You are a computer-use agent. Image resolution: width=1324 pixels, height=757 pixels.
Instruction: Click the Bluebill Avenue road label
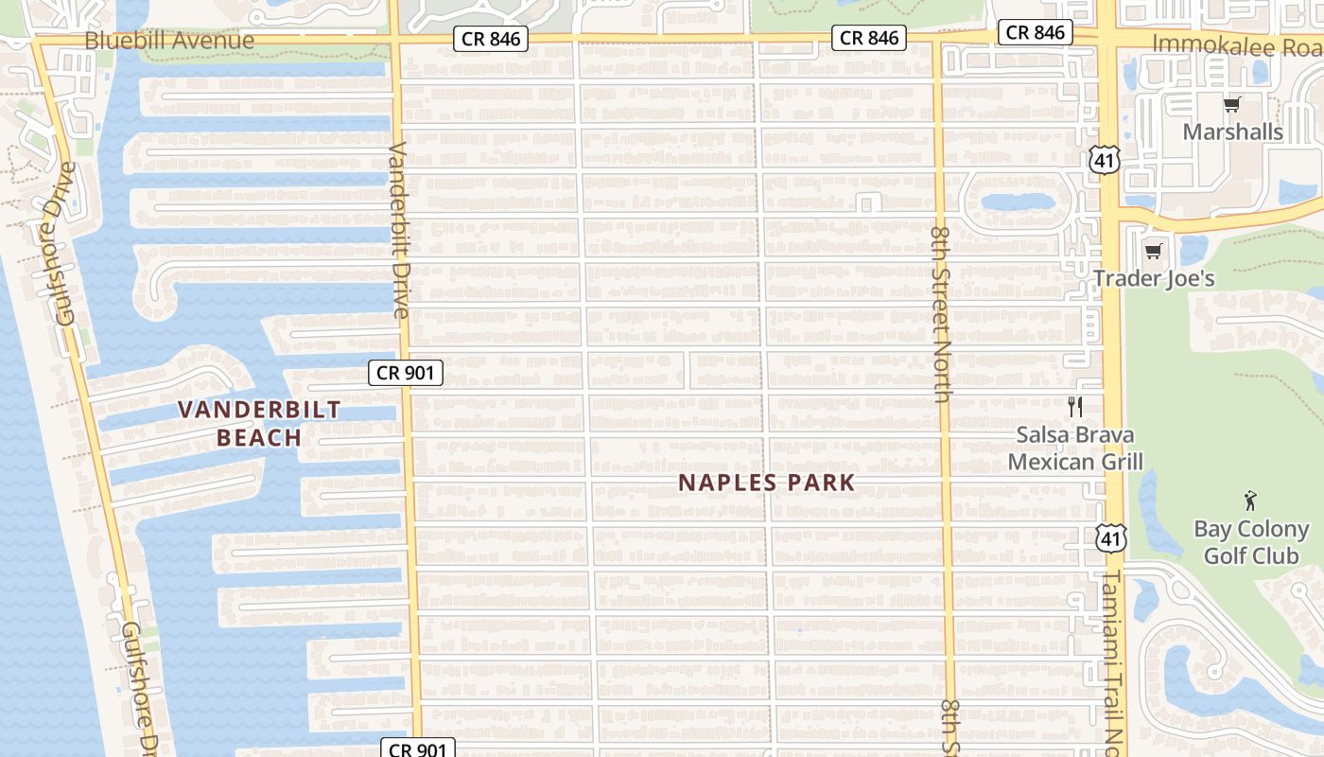[x=169, y=41]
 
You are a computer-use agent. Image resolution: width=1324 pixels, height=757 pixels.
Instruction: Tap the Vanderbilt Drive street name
[x=399, y=230]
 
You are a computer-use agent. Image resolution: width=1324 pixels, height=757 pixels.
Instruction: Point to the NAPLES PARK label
[x=767, y=482]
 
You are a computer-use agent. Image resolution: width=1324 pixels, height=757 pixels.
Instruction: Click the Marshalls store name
[x=1233, y=132]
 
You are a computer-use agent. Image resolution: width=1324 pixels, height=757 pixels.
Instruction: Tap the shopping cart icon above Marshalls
[x=1231, y=105]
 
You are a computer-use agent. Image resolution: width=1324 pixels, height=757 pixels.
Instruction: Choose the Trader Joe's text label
[x=1154, y=278]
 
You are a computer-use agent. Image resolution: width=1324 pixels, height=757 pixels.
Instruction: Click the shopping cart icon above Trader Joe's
[x=1153, y=252]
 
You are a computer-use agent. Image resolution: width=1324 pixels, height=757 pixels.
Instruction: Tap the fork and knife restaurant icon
[x=1074, y=407]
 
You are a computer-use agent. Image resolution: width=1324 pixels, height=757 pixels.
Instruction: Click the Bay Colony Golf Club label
[x=1251, y=541]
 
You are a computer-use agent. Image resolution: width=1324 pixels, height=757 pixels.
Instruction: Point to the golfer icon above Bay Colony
[x=1251, y=502]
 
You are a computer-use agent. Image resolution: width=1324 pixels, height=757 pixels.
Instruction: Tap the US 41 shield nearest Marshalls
[x=1105, y=159]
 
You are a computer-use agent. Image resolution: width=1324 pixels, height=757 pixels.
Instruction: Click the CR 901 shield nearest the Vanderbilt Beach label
[x=406, y=373]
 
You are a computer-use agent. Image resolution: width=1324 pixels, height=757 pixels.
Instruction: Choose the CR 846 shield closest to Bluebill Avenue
[x=490, y=39]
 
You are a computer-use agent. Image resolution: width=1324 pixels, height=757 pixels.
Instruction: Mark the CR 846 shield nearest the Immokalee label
[x=1036, y=32]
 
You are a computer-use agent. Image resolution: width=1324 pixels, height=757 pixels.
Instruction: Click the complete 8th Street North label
[x=941, y=313]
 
